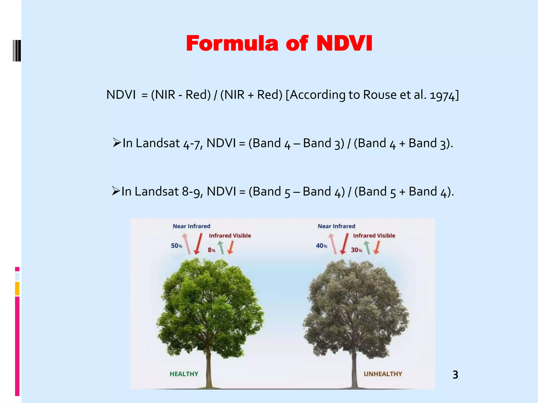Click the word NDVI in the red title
point(344,44)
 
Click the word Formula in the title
point(232,44)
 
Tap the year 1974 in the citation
point(442,95)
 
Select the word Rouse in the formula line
point(380,95)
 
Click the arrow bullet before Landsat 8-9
point(116,191)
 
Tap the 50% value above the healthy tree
point(177,246)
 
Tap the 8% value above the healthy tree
point(211,250)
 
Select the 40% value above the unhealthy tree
point(322,246)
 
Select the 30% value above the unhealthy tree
point(356,250)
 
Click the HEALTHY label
point(184,374)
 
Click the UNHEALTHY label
point(383,374)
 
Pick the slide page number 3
point(455,375)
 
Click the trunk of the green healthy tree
point(209,367)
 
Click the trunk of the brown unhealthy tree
point(354,367)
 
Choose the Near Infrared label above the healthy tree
point(192,226)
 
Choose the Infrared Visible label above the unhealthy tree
point(374,236)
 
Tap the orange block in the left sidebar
point(17,289)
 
